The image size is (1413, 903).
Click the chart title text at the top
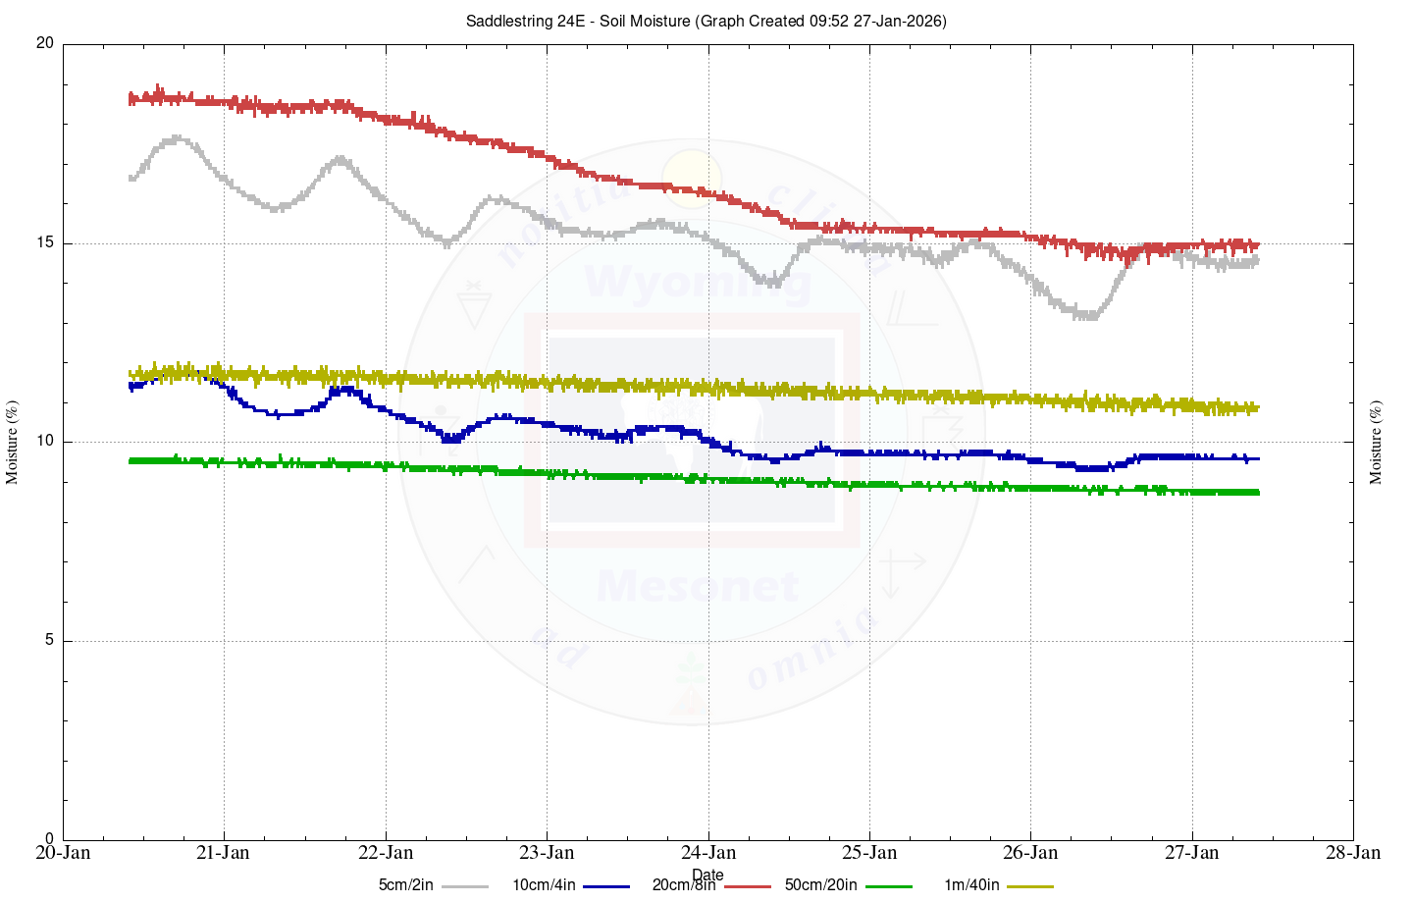(x=706, y=21)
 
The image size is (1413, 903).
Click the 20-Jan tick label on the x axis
(x=63, y=853)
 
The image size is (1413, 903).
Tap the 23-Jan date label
(x=547, y=853)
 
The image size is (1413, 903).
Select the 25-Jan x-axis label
(x=869, y=853)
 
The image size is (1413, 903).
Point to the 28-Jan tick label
(x=1353, y=853)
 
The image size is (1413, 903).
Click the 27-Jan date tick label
(x=1192, y=853)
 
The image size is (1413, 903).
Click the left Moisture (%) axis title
(x=13, y=442)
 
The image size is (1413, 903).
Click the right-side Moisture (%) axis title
(x=1376, y=442)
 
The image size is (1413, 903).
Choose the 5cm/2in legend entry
(x=405, y=885)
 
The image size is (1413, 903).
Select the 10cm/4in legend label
(x=543, y=885)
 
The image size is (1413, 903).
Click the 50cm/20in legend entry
(x=820, y=885)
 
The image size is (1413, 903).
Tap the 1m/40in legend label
(x=971, y=885)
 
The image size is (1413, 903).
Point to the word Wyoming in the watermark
(x=698, y=283)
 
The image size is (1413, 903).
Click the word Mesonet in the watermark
(x=698, y=587)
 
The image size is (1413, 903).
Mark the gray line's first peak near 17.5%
(x=177, y=139)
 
